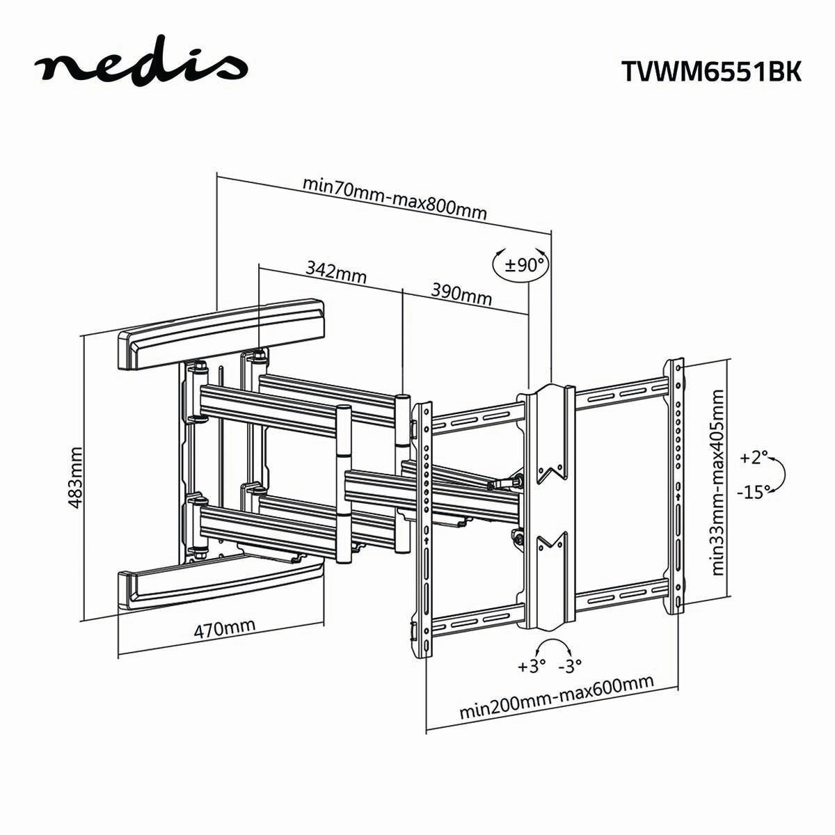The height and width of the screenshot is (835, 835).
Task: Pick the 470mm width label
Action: [224, 629]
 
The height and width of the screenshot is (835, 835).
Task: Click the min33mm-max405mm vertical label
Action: [719, 482]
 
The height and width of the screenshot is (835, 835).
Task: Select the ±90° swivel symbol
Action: [520, 265]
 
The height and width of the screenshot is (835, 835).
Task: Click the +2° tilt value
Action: [754, 457]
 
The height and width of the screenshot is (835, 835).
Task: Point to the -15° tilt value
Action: [753, 491]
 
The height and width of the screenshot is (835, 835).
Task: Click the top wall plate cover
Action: [221, 332]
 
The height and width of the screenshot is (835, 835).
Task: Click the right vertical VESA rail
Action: [675, 487]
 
